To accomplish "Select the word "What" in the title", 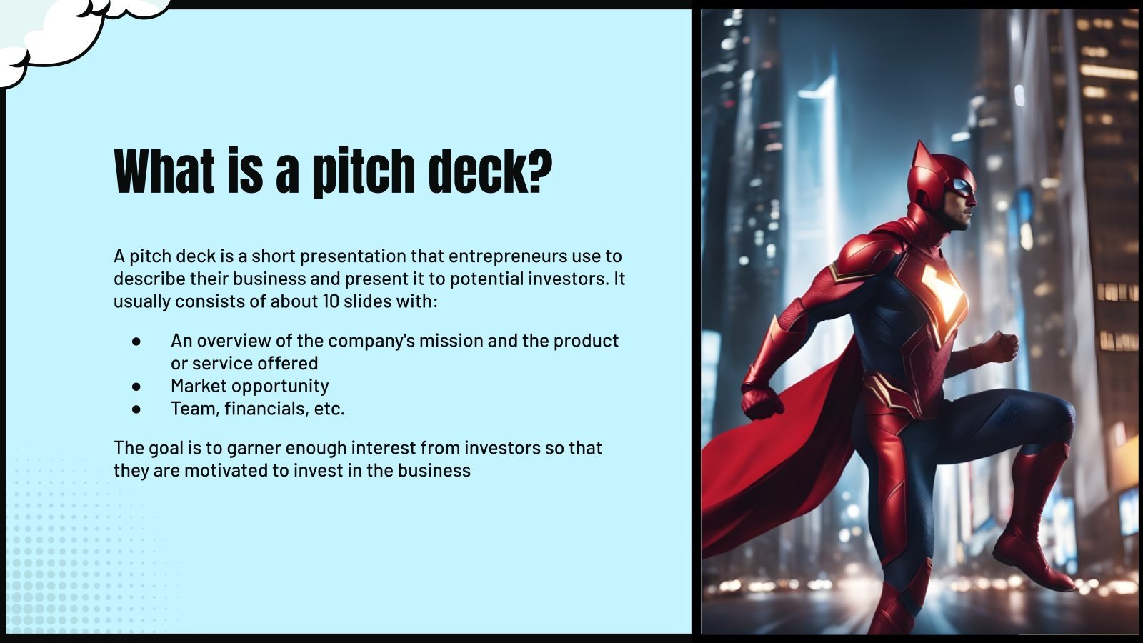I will [164, 171].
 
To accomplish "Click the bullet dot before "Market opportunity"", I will [136, 386].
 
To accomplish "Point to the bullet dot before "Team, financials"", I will [136, 409].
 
